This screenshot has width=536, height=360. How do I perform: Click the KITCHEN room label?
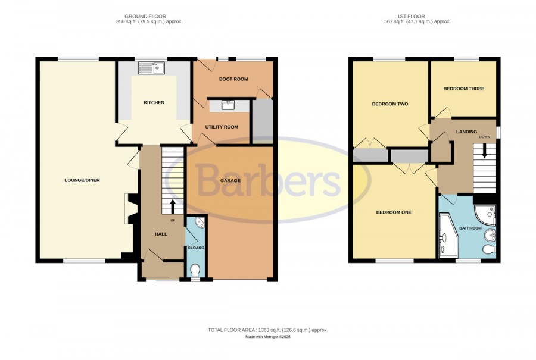point(154,102)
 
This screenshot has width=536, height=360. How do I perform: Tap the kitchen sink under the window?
point(151,68)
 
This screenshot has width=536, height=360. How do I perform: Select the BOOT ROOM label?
point(233,79)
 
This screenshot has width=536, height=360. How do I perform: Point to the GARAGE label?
point(230,180)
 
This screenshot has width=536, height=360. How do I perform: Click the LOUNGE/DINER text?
point(82,180)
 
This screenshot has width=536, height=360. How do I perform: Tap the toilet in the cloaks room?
point(195,271)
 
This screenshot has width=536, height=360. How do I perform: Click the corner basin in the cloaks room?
point(200,223)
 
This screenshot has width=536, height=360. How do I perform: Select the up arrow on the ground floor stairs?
point(172,206)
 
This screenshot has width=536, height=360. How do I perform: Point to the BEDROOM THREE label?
point(463,89)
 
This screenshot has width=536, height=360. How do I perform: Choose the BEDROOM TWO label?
point(390,104)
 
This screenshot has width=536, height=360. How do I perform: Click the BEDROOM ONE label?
point(394,212)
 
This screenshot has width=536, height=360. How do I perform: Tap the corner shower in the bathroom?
point(485,215)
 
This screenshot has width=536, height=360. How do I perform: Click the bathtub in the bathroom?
point(448,235)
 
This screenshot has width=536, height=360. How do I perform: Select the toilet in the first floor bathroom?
point(490,250)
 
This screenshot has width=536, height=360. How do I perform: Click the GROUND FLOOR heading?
point(145,17)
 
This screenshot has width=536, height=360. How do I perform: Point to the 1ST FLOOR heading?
point(411,17)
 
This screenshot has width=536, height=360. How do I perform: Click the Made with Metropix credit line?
point(267,337)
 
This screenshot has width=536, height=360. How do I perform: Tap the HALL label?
point(161,234)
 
